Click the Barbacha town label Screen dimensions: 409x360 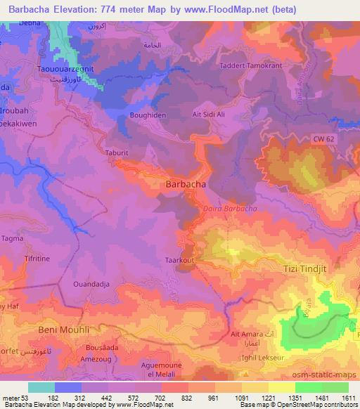(x=185, y=183)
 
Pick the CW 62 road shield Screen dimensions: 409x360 (x=323, y=141)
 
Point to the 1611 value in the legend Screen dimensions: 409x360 (x=349, y=398)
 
